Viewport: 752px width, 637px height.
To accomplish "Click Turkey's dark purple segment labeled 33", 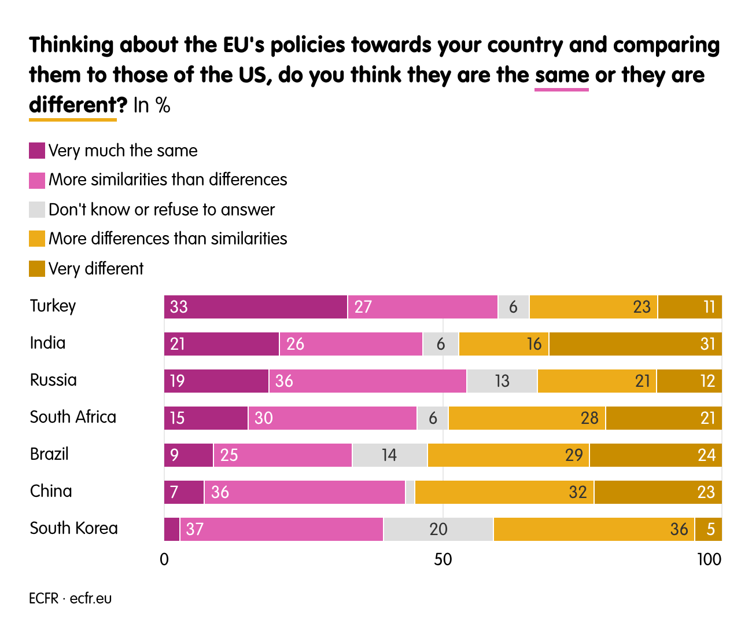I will pos(256,307).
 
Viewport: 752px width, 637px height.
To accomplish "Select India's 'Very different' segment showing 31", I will pos(635,344).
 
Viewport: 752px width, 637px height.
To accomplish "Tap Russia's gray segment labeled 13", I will pos(502,381).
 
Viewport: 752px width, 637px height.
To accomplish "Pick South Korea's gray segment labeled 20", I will pos(438,529).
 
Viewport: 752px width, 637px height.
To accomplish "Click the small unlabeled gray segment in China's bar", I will pos(410,492).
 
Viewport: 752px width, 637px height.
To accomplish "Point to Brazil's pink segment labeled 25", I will pos(282,455).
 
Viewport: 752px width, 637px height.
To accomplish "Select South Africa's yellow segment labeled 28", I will pos(527,418).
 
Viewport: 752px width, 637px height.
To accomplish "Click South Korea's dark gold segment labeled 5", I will pos(708,529).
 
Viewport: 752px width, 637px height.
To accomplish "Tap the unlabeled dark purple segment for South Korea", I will pos(172,529).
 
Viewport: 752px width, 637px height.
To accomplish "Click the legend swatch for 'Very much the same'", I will pos(37,151).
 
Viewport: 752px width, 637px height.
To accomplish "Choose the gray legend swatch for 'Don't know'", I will pos(37,210).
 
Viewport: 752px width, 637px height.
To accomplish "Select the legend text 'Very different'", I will pos(96,269).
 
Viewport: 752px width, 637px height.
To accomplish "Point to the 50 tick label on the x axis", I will pos(443,559).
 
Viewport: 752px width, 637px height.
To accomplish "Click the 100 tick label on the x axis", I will pos(709,559).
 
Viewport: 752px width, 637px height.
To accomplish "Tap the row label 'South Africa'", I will pos(73,417).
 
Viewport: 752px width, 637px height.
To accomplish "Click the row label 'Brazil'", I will pos(49,454).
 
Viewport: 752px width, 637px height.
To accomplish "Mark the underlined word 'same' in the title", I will pos(562,75).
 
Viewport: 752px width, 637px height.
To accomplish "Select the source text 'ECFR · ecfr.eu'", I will pos(70,598).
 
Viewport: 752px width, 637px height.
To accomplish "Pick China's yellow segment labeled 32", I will pos(504,492).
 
